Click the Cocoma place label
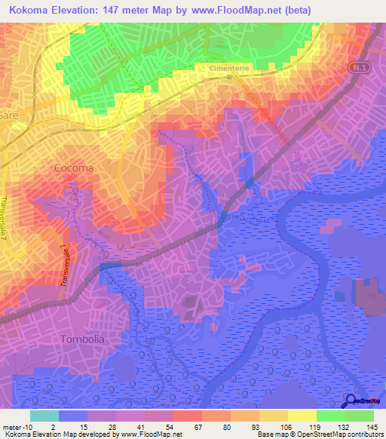point(74,168)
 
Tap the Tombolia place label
point(81,339)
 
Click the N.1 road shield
point(358,69)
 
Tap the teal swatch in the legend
point(44,416)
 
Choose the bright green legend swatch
point(331,416)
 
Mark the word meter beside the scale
point(11,427)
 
